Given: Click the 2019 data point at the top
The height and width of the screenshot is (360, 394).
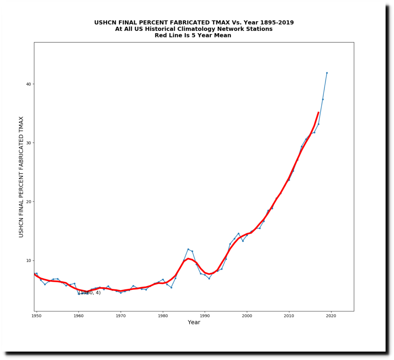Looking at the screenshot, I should pyautogui.click(x=327, y=73).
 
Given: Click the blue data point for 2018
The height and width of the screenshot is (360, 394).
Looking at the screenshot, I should pyautogui.click(x=323, y=99).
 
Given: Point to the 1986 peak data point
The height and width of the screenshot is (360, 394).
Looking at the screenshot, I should pyautogui.click(x=188, y=249).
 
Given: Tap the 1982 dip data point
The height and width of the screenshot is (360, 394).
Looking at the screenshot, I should pyautogui.click(x=171, y=287).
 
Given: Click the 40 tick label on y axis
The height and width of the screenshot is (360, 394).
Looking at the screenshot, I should pyautogui.click(x=28, y=84).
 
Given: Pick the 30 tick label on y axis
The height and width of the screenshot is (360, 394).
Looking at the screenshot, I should pyautogui.click(x=28, y=143).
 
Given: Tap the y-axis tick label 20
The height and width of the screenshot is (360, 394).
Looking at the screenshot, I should pyautogui.click(x=28, y=202).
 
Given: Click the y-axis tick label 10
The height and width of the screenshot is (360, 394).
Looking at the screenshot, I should pyautogui.click(x=28, y=261).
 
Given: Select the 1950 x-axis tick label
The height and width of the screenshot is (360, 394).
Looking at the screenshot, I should pyautogui.click(x=37, y=316).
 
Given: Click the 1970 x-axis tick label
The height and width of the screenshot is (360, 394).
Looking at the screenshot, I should pyautogui.click(x=120, y=316).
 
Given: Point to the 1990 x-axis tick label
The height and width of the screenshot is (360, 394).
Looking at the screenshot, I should pyautogui.click(x=205, y=316).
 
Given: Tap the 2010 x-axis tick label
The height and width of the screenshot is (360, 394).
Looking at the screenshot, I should pyautogui.click(x=289, y=316).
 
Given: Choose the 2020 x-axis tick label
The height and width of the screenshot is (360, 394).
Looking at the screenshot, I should pyautogui.click(x=331, y=316).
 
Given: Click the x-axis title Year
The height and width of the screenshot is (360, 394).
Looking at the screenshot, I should pyautogui.click(x=194, y=323).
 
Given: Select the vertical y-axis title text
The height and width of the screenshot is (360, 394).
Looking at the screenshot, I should pyautogui.click(x=21, y=177).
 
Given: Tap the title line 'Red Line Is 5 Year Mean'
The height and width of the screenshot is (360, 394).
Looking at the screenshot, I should pyautogui.click(x=193, y=35).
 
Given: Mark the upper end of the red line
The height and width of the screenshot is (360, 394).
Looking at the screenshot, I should pyautogui.click(x=318, y=112).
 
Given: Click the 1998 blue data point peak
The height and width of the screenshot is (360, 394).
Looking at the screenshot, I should pyautogui.click(x=239, y=233).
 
